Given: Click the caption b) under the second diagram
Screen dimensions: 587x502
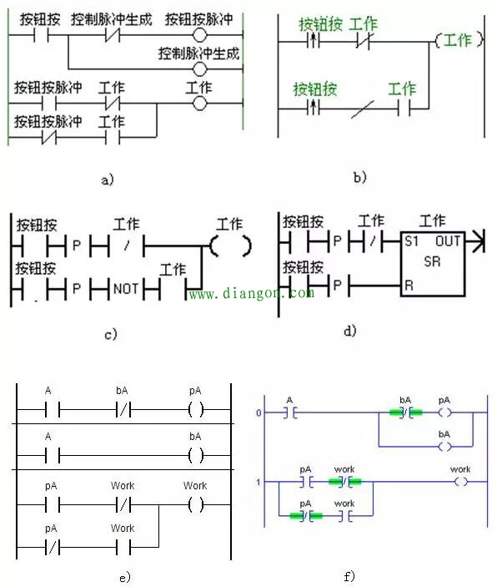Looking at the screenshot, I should (360, 177).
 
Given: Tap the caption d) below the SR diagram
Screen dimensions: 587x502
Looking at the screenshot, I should (350, 331).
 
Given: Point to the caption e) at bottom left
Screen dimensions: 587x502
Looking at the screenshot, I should (125, 576).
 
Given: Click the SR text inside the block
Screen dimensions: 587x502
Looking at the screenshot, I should (432, 261).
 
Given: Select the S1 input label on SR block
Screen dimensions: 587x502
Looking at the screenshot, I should (410, 241).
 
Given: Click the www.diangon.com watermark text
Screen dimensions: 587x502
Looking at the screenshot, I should (250, 294).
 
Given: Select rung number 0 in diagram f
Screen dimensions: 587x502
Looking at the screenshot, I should (259, 412).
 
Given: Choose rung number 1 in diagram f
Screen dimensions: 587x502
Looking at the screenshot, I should (259, 483).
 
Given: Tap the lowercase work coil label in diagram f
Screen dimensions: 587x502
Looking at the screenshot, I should (460, 469).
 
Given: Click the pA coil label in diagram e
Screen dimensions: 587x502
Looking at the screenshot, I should (195, 389).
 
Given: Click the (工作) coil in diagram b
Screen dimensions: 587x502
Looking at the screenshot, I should (457, 40).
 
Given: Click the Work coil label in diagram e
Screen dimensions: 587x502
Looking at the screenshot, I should (195, 485).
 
